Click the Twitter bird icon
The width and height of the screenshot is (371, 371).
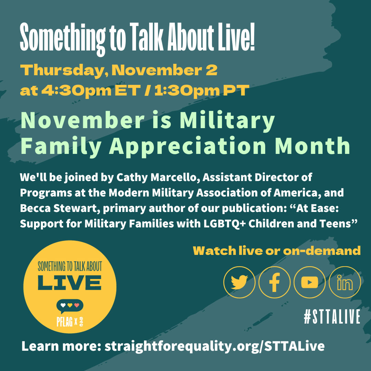coord(239,282)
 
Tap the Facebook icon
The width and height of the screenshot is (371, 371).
coord(274,282)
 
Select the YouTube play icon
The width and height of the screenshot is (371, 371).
coord(310,282)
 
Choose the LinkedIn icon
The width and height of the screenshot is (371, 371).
coord(345,282)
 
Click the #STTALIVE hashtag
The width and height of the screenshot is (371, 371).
coord(332,317)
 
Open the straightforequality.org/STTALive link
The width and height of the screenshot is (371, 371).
coord(214,346)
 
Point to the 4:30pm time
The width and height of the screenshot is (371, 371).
coord(76,91)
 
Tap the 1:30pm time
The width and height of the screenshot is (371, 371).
coord(187,91)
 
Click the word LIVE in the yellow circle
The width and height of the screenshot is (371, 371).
coord(69,283)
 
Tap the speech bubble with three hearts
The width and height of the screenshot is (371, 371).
coord(69,306)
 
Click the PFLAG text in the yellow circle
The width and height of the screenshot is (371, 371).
coord(64,321)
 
